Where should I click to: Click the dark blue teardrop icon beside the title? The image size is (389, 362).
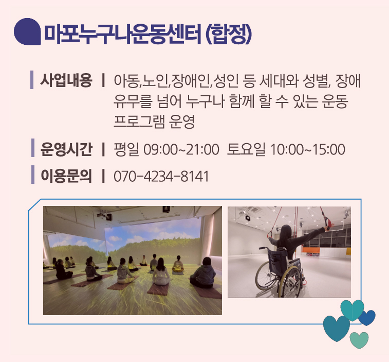(x=27, y=31)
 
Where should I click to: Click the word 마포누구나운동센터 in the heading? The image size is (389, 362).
(x=122, y=35)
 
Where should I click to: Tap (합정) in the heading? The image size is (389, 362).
(x=229, y=35)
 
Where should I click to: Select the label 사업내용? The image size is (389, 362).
(x=66, y=80)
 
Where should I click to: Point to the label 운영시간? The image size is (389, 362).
(x=66, y=149)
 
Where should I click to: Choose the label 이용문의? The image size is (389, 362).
(x=66, y=176)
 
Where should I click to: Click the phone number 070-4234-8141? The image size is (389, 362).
(x=161, y=176)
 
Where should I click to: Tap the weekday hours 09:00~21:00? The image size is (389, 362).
(x=181, y=149)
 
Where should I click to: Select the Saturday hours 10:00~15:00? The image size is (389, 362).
(x=308, y=149)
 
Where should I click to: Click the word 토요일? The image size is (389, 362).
(x=246, y=149)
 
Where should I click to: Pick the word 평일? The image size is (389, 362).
(x=126, y=149)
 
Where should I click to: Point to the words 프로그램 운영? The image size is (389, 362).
(x=154, y=122)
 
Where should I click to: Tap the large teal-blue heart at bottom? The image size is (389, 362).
(x=337, y=328)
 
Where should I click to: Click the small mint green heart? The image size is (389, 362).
(x=359, y=340)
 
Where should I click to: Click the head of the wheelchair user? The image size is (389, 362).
(x=286, y=232)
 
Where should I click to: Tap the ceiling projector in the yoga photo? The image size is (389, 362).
(x=108, y=217)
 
